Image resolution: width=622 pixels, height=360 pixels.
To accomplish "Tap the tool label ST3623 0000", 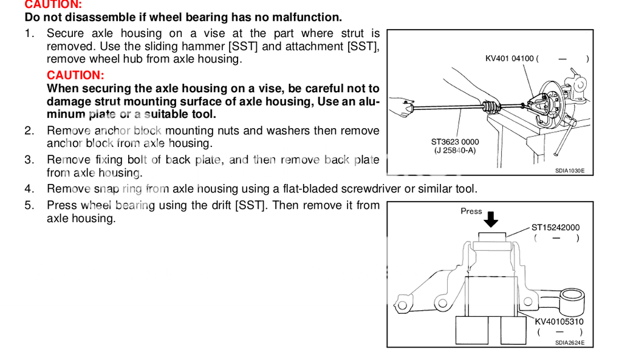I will tap(455, 142).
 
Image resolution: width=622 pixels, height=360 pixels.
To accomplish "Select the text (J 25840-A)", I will tap(455, 150).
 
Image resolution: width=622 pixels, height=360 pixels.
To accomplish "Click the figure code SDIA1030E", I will tap(569, 171).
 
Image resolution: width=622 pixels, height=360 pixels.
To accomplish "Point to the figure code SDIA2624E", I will tap(569, 343).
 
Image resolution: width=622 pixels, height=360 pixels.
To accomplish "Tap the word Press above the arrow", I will tap(471, 211).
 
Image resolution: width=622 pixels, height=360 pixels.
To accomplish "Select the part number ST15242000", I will tap(555, 228).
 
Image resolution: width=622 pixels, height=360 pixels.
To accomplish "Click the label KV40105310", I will tap(559, 322).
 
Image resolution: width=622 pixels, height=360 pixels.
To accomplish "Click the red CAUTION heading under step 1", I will tap(75, 75).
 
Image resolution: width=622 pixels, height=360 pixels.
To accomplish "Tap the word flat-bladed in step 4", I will tap(333, 189).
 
